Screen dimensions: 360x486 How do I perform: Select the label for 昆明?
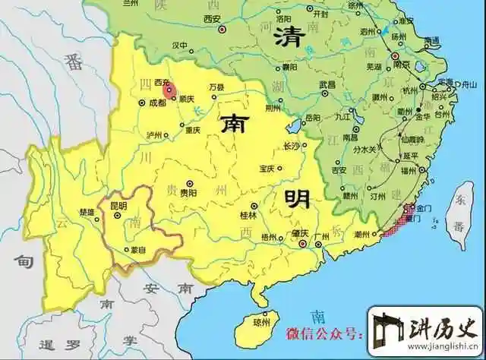118,206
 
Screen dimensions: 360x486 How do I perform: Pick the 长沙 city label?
292,145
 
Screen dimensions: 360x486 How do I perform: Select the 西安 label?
214,18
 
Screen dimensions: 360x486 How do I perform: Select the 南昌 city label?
350,137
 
